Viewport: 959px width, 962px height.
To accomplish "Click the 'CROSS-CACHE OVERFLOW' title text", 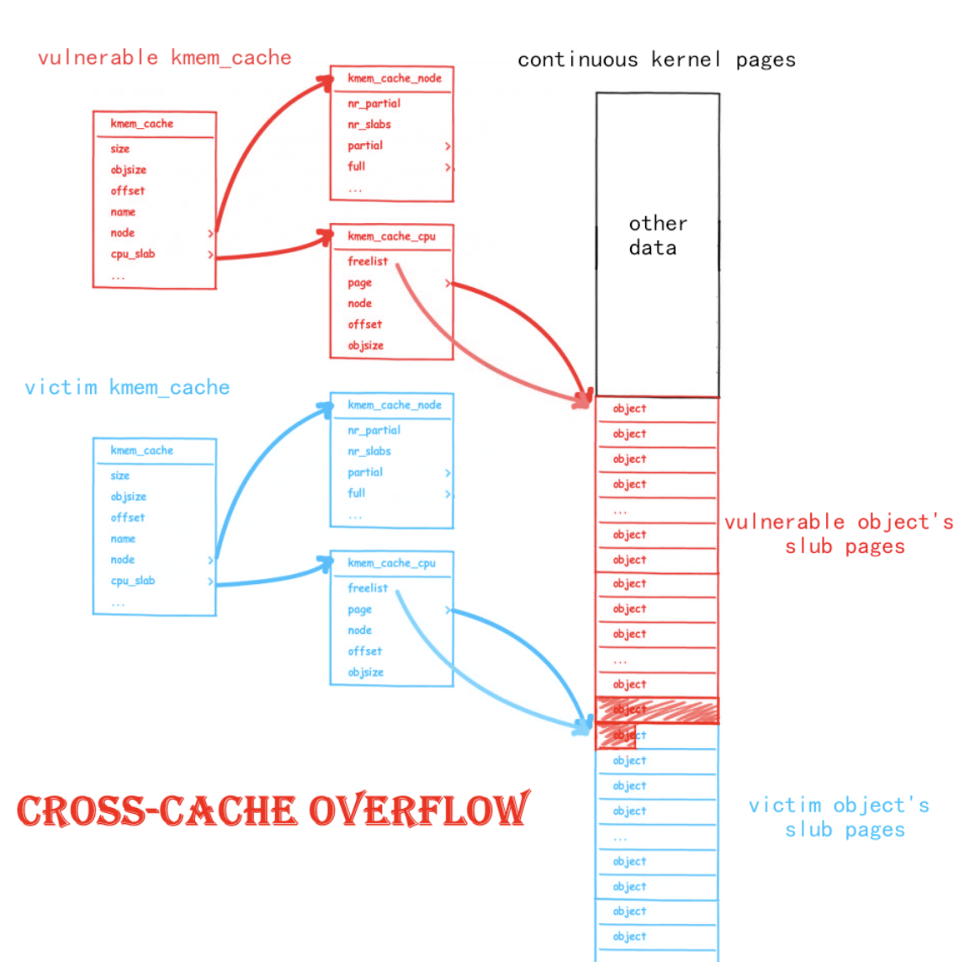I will point(273,811).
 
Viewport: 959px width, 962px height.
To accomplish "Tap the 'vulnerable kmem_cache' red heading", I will point(165,58).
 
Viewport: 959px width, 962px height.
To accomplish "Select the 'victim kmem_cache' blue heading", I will point(127,388).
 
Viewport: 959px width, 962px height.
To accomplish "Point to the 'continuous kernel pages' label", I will point(656,60).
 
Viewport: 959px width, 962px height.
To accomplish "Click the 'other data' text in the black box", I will point(657,236).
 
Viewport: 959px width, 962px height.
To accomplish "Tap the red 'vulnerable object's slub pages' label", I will point(839,534).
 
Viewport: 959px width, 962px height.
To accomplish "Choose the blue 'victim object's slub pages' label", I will point(839,818).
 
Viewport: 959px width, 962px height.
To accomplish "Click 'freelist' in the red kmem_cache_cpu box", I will point(368,262).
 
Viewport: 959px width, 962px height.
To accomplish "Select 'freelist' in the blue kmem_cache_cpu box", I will point(368,588).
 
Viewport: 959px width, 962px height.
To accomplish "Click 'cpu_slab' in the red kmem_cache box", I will point(133,254).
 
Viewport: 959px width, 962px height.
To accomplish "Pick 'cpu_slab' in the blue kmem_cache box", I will point(133,581).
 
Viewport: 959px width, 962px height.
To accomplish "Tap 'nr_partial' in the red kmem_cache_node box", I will point(374,104).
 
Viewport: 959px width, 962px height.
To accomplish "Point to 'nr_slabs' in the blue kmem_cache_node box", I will point(369,451).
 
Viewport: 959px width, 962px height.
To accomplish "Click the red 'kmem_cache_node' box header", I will point(394,78).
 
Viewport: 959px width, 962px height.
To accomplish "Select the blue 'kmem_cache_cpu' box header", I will point(391,563).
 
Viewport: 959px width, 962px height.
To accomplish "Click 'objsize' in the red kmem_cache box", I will point(128,170).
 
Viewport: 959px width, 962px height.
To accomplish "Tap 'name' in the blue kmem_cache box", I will point(123,539).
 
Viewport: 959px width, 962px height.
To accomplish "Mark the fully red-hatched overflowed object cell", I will point(657,710).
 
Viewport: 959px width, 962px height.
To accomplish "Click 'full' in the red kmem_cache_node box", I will point(357,167).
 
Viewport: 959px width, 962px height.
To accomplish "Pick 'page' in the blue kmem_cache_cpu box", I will point(359,609).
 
